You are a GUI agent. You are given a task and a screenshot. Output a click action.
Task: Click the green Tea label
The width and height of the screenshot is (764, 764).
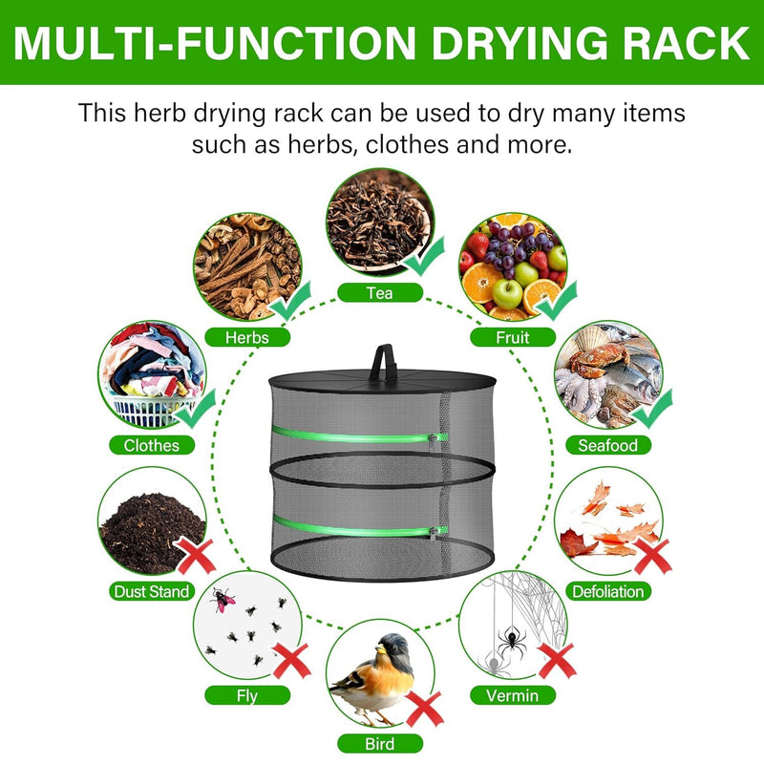pyautogui.click(x=379, y=293)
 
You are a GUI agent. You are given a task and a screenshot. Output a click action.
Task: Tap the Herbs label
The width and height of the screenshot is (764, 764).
pyautogui.click(x=247, y=336)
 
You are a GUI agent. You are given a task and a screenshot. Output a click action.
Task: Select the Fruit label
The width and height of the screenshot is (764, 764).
pyautogui.click(x=512, y=336)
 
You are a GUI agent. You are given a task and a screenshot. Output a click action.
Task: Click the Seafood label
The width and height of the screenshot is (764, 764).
pyautogui.click(x=608, y=445)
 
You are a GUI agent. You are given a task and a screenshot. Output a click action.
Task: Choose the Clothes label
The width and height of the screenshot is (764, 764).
pyautogui.click(x=152, y=445)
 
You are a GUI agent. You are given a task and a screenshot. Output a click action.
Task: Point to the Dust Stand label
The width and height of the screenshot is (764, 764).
pyautogui.click(x=151, y=591)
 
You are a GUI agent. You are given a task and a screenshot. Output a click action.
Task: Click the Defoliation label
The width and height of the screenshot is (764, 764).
pyautogui.click(x=608, y=591)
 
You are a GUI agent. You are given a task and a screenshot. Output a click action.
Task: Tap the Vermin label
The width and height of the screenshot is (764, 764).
pyautogui.click(x=513, y=695)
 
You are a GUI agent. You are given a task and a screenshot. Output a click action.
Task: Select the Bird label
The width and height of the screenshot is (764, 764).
pyautogui.click(x=379, y=743)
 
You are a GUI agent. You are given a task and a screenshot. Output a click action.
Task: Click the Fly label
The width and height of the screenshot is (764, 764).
pyautogui.click(x=246, y=695)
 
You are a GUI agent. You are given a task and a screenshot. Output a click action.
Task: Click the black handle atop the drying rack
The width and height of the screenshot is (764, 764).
pyautogui.click(x=387, y=359)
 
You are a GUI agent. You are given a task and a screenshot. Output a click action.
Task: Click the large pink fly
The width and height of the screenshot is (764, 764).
pyautogui.click(x=223, y=599)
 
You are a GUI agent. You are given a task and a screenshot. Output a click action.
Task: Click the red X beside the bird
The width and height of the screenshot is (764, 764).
pyautogui.click(x=424, y=709)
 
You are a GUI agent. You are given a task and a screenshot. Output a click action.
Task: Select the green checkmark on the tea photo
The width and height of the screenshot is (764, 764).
pyautogui.click(x=424, y=253)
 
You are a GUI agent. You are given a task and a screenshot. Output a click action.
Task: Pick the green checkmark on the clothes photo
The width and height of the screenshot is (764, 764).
pyautogui.click(x=197, y=409)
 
